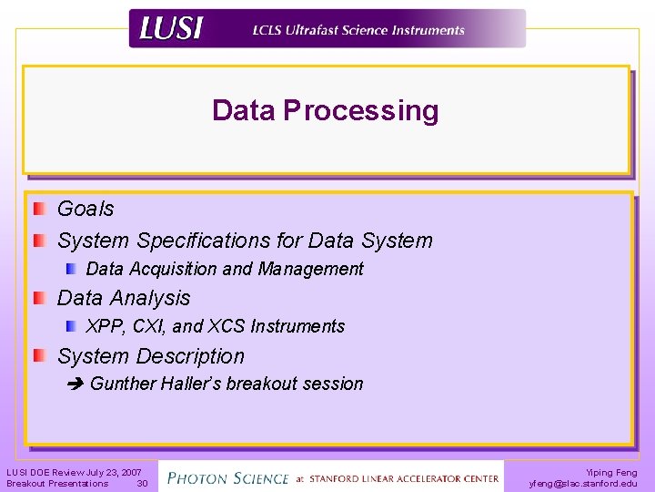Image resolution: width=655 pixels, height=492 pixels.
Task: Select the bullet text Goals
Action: tap(86, 209)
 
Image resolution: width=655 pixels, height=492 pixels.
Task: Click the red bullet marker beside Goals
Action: tap(39, 209)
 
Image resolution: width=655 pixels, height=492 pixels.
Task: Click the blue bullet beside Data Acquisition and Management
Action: tap(71, 269)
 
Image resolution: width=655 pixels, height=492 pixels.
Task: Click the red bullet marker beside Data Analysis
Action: tap(39, 298)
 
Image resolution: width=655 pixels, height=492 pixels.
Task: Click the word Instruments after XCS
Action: tap(297, 326)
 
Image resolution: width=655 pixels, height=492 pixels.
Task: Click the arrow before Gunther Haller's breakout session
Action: tap(75, 384)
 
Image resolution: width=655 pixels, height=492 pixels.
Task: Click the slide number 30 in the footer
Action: tap(142, 484)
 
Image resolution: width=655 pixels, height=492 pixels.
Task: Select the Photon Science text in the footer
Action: tap(228, 477)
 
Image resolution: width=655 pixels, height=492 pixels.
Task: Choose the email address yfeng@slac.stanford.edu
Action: tap(583, 484)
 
